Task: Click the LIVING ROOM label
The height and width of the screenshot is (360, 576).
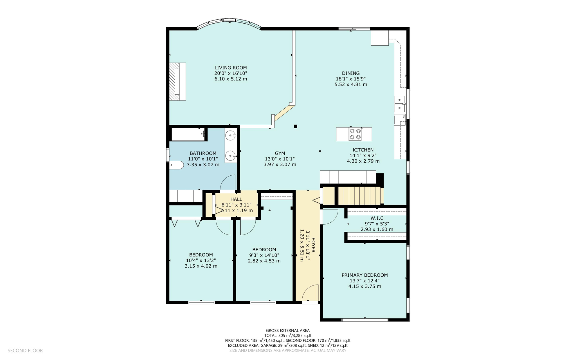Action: pyautogui.click(x=230, y=68)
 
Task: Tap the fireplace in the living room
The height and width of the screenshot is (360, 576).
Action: pyautogui.click(x=177, y=82)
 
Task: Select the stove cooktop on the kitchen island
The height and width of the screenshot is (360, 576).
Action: pyautogui.click(x=355, y=134)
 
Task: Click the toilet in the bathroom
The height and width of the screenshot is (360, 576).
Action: pyautogui.click(x=176, y=165)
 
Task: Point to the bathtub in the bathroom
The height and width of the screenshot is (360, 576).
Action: pyautogui.click(x=188, y=135)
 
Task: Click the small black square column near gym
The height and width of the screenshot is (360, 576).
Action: pyautogui.click(x=295, y=126)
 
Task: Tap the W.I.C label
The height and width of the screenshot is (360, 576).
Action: pyautogui.click(x=377, y=218)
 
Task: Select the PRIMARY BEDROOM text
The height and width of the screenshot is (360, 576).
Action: pyautogui.click(x=364, y=275)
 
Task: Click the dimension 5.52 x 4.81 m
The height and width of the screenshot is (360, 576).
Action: pyautogui.click(x=351, y=84)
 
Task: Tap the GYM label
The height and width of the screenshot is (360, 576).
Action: pyautogui.click(x=280, y=153)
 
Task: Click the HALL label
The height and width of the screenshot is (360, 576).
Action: pyautogui.click(x=236, y=199)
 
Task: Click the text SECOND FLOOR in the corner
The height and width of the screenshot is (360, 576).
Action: pyautogui.click(x=25, y=350)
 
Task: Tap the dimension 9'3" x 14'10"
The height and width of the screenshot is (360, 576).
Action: pyautogui.click(x=264, y=255)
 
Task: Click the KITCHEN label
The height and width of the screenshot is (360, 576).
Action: pyautogui.click(x=363, y=150)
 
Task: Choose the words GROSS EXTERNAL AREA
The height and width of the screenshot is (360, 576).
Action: pyautogui.click(x=287, y=330)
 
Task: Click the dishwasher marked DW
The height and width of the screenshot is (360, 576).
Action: pyautogui.click(x=399, y=119)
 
